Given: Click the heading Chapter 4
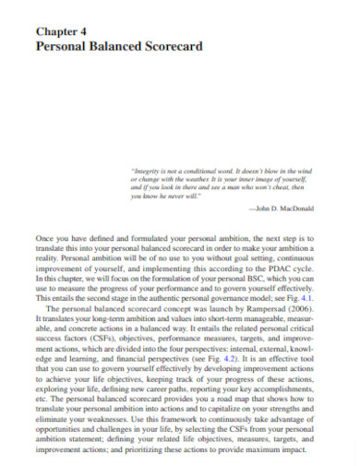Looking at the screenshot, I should [x=62, y=30].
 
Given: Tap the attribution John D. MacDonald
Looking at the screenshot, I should [x=285, y=211].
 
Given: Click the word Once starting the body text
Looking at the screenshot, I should [x=44, y=239].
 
